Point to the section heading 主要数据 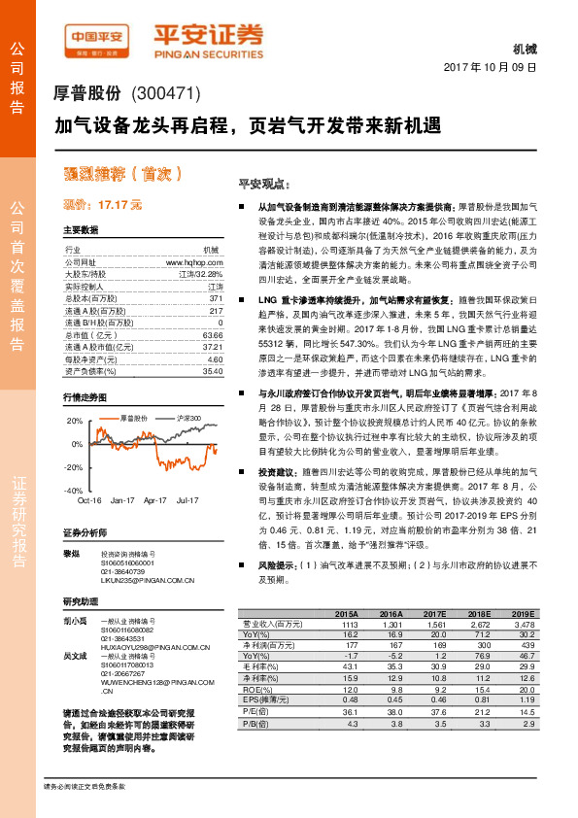point(81,230)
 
